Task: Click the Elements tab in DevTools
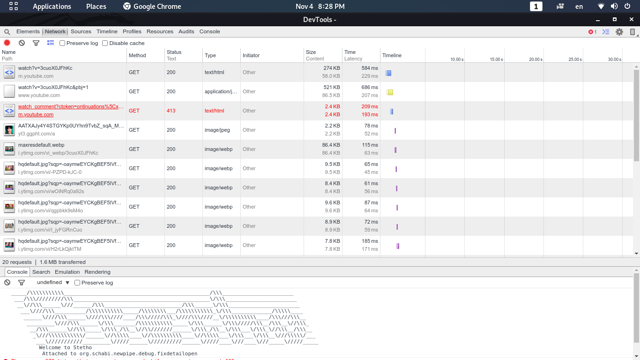[x=28, y=31]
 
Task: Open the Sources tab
[x=81, y=31]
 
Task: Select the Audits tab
[x=186, y=31]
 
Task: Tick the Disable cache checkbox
[x=105, y=43]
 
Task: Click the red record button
[x=7, y=43]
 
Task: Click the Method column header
[x=137, y=55]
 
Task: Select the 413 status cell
[x=171, y=111]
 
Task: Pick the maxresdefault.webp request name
[x=41, y=145]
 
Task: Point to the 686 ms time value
[x=369, y=87]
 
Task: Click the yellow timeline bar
[x=390, y=92]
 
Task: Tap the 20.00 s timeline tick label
[x=536, y=60]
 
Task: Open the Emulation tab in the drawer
[x=67, y=272]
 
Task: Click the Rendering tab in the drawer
[x=97, y=272]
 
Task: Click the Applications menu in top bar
[x=52, y=7]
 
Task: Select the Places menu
[x=96, y=7]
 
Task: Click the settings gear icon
[x=619, y=32]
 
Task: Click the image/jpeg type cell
[x=217, y=130]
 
